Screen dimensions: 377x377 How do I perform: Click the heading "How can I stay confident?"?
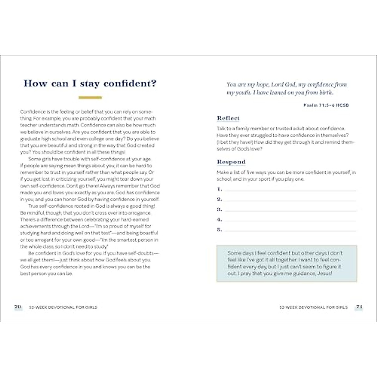point(90,84)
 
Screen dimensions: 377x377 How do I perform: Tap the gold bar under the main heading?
point(90,98)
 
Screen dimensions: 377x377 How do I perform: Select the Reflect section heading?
point(228,118)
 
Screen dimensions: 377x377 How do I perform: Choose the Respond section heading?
point(231,162)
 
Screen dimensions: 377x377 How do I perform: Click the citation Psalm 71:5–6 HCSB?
point(326,105)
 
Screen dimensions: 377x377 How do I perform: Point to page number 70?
point(18,307)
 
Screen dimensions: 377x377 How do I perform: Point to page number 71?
point(359,307)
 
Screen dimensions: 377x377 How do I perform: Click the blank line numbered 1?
point(291,190)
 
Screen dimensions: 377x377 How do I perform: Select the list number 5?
point(219,230)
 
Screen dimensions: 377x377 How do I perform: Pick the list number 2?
point(219,199)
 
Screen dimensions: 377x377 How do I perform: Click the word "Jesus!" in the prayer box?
point(325,273)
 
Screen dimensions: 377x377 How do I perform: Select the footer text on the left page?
point(63,307)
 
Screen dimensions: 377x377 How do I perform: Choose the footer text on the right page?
point(313,307)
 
